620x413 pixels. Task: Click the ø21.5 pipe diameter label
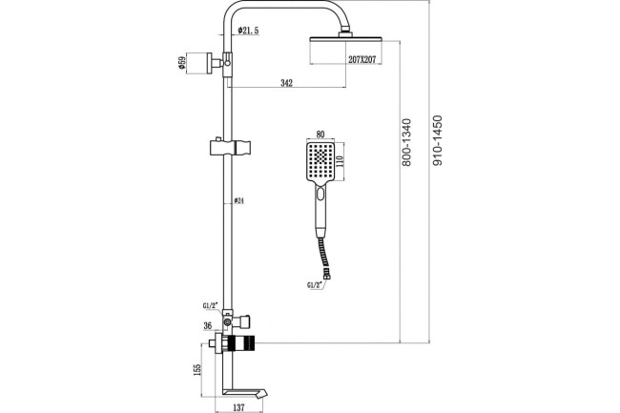click(x=248, y=31)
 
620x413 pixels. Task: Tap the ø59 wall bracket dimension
click(x=182, y=63)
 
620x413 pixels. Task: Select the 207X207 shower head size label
click(x=362, y=60)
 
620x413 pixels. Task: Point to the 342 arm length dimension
click(x=287, y=83)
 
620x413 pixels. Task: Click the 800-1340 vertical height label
click(x=406, y=142)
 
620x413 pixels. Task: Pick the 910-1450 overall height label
click(x=437, y=140)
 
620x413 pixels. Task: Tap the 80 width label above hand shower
click(x=320, y=134)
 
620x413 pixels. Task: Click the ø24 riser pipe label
click(x=238, y=200)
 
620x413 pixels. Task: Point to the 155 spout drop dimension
click(x=197, y=369)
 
